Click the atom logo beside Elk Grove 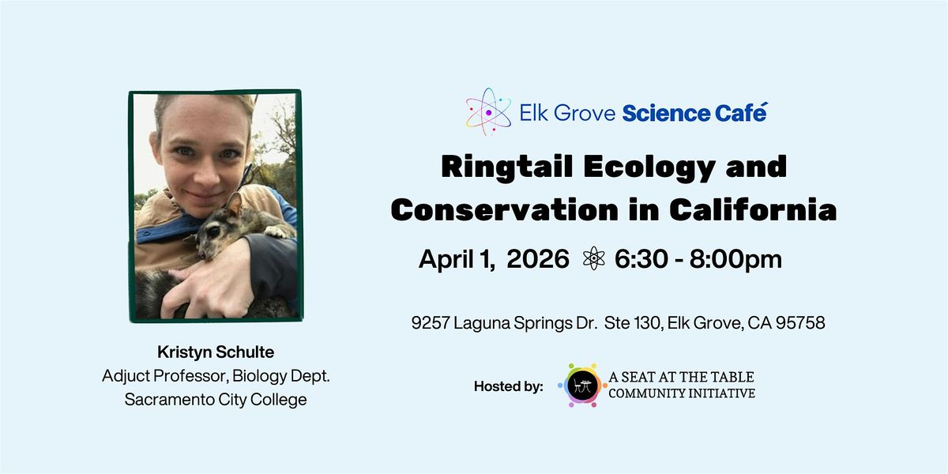coord(488,112)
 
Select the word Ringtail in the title coord(506,168)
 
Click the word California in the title coord(753,209)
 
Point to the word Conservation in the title coord(505,209)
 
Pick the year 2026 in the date coord(538,258)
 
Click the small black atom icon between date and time coord(594,258)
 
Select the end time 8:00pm coord(735,259)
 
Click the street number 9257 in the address coord(430,323)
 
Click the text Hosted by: coord(508,386)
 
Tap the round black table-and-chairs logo coord(582,386)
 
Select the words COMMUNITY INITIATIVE coord(682,393)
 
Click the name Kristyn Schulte coord(216,352)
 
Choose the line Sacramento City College coord(216,400)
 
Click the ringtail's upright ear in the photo coord(234,205)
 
